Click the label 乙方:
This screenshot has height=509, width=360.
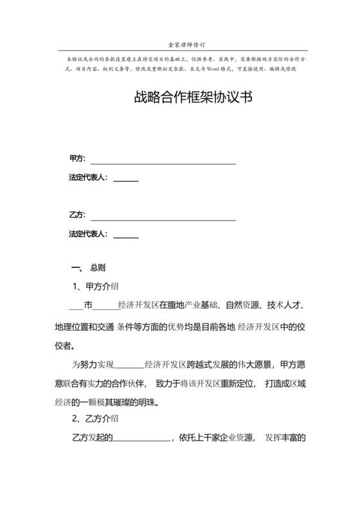[x=77, y=215]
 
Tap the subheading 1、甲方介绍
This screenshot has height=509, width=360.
[x=96, y=285]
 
